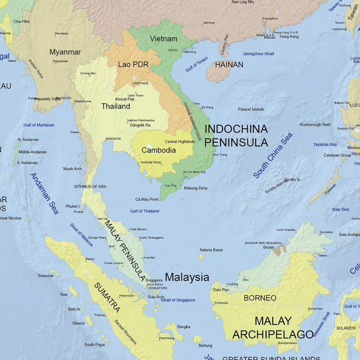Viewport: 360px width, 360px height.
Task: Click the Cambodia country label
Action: pyautogui.click(x=158, y=150)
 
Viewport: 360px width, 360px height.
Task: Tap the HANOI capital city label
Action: pyautogui.click(x=173, y=50)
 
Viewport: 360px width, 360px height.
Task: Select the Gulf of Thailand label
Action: pyautogui.click(x=144, y=211)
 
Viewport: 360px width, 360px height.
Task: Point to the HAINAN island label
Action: pyautogui.click(x=229, y=65)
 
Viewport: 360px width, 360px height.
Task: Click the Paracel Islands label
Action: pyautogui.click(x=251, y=109)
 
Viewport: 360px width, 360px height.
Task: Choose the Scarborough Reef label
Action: pyautogui.click(x=315, y=125)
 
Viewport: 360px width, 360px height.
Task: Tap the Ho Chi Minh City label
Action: pyautogui.click(x=194, y=172)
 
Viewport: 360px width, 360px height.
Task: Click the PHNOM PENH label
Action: pyautogui.click(x=151, y=162)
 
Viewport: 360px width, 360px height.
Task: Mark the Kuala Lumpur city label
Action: pyautogui.click(x=114, y=263)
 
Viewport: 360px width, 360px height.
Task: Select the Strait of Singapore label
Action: pyautogui.click(x=178, y=300)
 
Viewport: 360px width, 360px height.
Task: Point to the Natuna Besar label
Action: pyautogui.click(x=211, y=250)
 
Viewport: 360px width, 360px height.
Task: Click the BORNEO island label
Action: pyautogui.click(x=260, y=298)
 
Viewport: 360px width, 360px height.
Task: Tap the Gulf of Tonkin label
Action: pyautogui.click(x=197, y=64)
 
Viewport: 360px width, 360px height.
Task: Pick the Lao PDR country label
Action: pyautogui.click(x=133, y=65)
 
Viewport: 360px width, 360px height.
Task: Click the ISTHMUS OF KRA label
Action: pyautogui.click(x=90, y=186)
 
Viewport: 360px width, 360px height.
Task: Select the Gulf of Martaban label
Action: pyautogui.click(x=39, y=125)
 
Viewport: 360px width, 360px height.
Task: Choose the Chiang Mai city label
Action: pyautogui.click(x=88, y=73)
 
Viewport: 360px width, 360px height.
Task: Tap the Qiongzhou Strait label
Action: pyautogui.click(x=258, y=54)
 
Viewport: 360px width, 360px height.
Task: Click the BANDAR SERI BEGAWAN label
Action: pyautogui.click(x=263, y=243)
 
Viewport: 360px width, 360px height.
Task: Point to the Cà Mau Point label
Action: pyautogui.click(x=147, y=199)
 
